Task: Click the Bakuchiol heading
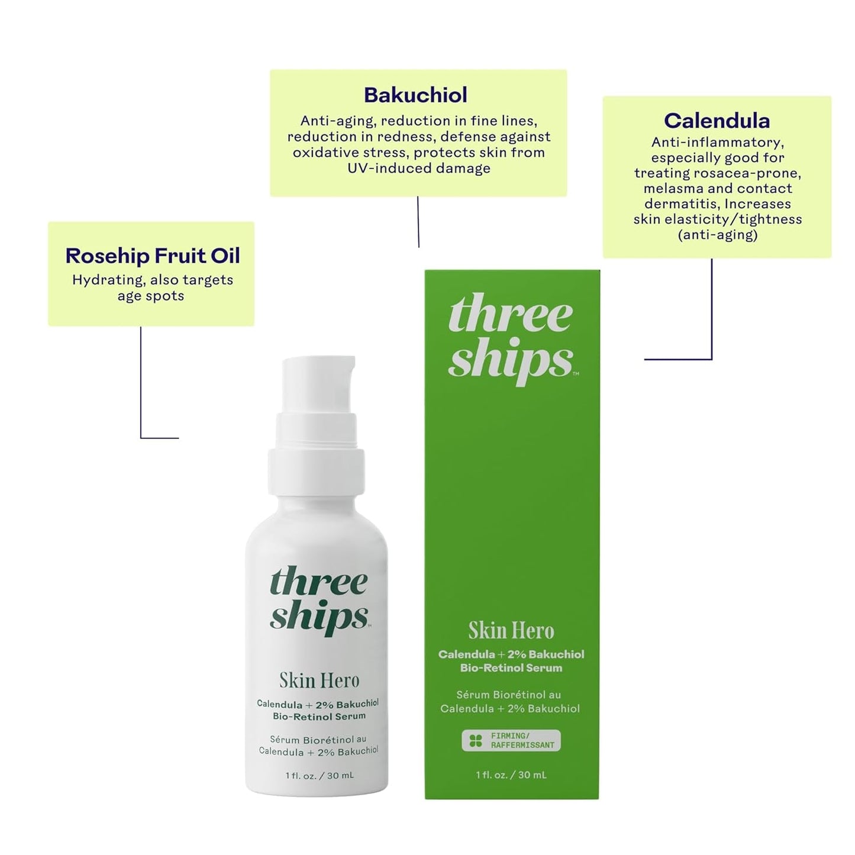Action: pos(415,95)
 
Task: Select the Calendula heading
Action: pos(717,121)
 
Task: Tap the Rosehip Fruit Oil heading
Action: pos(153,256)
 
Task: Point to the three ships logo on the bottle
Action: pos(319,600)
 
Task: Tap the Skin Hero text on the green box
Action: pos(511,631)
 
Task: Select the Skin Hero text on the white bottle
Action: pos(319,680)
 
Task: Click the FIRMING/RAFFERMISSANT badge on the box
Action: pos(511,740)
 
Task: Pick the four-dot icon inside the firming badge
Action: pos(476,740)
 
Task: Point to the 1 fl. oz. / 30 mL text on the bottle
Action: pos(320,775)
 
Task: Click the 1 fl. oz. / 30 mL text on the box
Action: pos(511,775)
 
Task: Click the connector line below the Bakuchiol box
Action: pos(418,222)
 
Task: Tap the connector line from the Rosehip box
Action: pos(141,385)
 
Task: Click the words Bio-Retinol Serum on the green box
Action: pos(511,668)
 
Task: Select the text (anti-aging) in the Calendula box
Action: pos(717,235)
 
